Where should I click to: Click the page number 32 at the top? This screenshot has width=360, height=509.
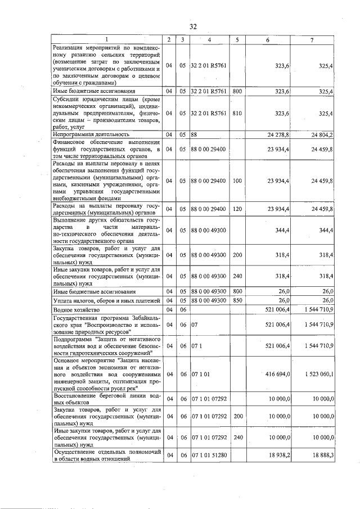[x=193, y=26]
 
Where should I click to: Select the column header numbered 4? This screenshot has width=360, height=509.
[x=209, y=39]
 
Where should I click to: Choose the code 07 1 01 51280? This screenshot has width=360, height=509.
[x=209, y=456]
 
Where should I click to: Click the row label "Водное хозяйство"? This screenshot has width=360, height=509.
[x=76, y=310]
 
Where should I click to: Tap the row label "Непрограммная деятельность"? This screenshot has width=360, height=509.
[x=91, y=134]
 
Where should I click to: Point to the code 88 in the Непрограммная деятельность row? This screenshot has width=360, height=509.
[x=193, y=134]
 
